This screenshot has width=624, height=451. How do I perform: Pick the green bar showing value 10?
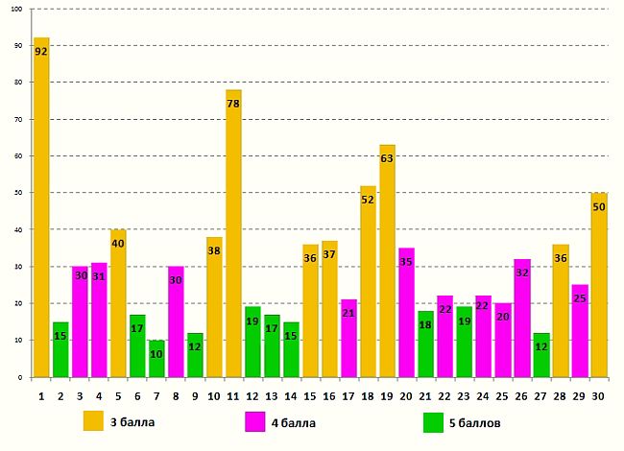(156, 359)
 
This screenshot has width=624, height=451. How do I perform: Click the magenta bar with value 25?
(579, 331)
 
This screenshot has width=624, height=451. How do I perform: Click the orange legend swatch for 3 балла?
(92, 421)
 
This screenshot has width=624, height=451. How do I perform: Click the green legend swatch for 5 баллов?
(433, 421)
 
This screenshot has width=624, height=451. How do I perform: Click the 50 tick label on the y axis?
(20, 193)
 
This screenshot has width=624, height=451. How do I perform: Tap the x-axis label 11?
(233, 393)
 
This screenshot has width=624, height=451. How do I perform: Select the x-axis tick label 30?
(598, 393)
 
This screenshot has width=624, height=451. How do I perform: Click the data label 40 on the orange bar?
(118, 243)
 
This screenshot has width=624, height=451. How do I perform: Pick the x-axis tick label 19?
(387, 393)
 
